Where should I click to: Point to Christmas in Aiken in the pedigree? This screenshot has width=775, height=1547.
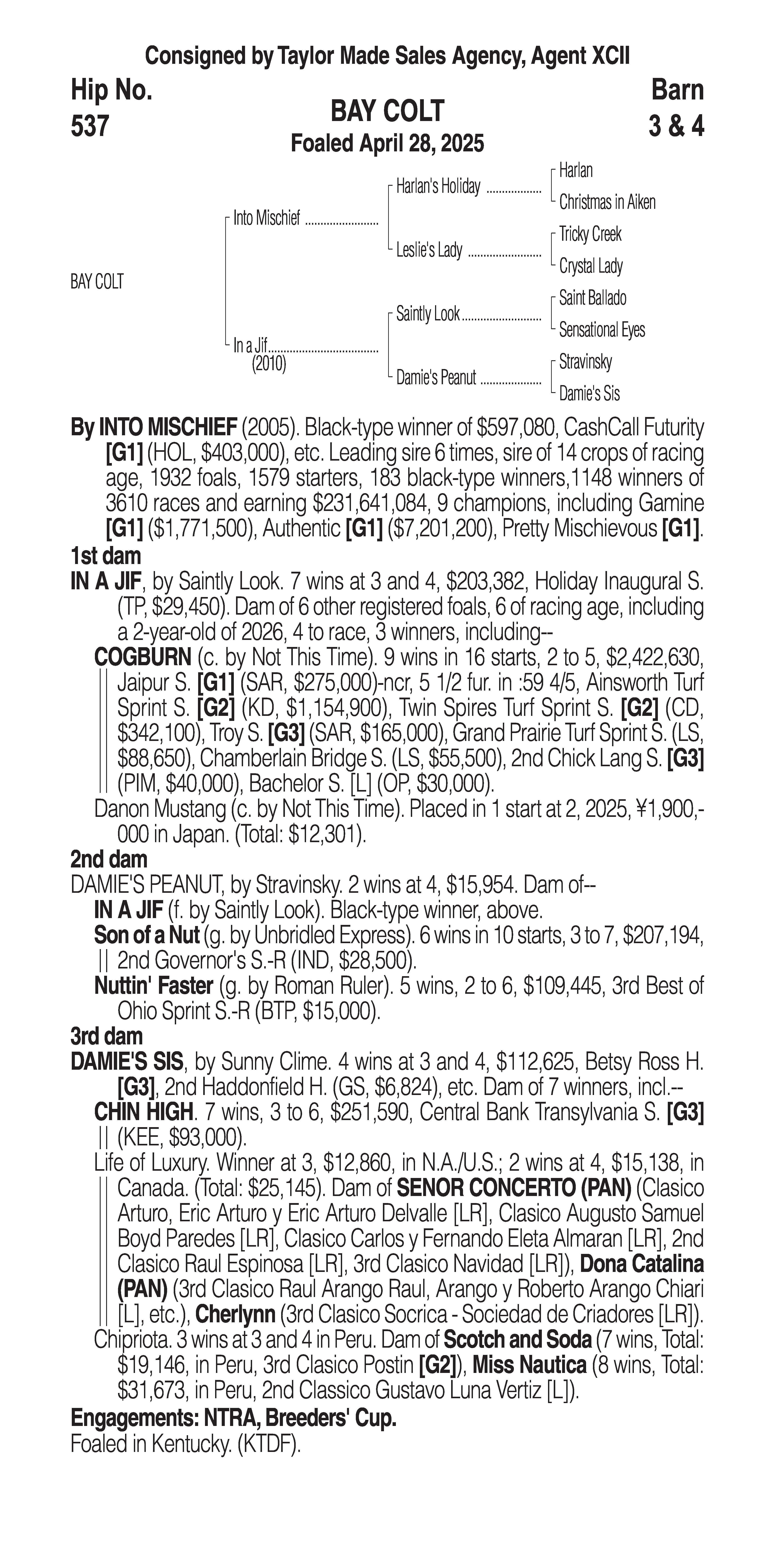[x=607, y=202]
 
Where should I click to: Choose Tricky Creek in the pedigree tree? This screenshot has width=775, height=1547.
[x=590, y=234]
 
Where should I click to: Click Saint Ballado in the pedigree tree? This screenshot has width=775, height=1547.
[x=592, y=298]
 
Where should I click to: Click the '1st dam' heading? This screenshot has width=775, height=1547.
[x=106, y=556]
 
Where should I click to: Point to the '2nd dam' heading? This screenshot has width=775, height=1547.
[x=109, y=860]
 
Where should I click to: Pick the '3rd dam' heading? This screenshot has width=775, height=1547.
[x=107, y=1036]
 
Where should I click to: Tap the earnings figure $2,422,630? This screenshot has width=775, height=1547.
[x=655, y=657]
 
